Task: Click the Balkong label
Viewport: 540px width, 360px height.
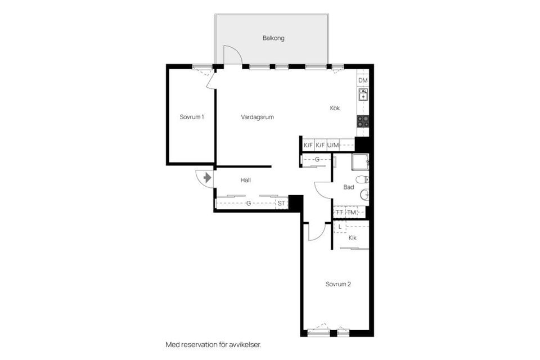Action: [273, 38]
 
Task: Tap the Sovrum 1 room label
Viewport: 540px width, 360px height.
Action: [192, 117]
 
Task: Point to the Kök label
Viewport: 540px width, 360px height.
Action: [335, 108]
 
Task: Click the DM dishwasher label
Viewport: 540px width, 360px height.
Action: [363, 80]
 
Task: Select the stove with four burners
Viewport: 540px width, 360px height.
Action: [363, 120]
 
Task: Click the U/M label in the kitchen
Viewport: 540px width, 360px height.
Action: [334, 145]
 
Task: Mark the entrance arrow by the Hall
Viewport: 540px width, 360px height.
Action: [207, 178]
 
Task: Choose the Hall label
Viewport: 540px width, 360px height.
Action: [245, 181]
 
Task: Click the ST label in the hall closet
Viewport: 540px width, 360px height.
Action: [281, 203]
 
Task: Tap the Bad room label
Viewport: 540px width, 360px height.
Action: [349, 187]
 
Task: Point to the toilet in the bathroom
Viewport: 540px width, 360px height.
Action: [363, 180]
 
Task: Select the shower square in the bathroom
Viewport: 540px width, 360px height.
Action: [359, 162]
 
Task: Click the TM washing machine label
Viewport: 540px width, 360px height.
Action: [352, 212]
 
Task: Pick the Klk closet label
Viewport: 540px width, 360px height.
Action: [353, 238]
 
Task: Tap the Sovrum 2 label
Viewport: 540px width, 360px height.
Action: [338, 284]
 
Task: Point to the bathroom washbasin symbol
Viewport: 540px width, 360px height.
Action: [363, 195]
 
